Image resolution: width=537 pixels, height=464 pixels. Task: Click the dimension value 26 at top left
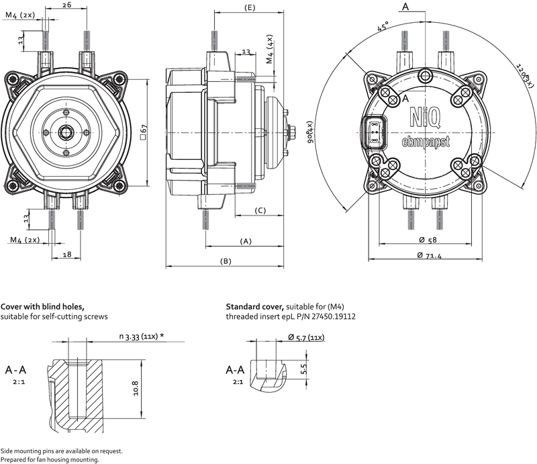(66, 5)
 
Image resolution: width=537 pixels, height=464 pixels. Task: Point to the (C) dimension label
(261, 211)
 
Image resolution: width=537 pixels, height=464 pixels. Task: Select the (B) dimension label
(226, 261)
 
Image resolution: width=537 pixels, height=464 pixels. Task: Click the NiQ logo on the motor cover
(425, 119)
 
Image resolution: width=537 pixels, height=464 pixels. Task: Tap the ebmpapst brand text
(425, 142)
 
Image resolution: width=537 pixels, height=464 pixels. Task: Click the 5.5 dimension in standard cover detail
(303, 369)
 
